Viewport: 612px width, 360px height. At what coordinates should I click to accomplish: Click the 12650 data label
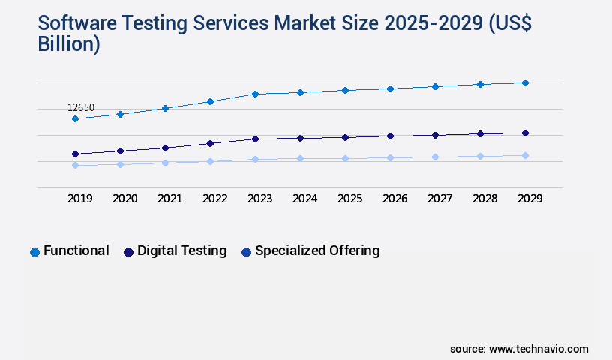81,108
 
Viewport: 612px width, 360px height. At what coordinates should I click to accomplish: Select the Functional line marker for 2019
75,118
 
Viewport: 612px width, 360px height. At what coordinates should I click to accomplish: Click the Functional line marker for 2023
255,94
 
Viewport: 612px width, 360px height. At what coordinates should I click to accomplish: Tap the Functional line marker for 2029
525,82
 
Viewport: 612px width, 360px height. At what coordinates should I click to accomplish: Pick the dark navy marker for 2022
210,143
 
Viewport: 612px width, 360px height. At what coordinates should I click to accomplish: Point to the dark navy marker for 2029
525,133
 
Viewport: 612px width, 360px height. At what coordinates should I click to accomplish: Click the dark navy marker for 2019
75,154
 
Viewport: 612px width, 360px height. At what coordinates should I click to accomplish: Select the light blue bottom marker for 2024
300,158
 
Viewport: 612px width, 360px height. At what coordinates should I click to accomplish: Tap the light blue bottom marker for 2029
525,155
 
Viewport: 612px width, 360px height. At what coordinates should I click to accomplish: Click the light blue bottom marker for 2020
120,164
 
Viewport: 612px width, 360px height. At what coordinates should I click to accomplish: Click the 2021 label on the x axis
169,199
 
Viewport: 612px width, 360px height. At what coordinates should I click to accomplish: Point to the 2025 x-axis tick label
349,199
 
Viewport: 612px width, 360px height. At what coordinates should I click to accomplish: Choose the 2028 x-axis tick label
484,199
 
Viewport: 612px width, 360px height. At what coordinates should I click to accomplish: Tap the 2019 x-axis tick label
79,199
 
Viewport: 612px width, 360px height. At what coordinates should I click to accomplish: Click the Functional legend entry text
76,250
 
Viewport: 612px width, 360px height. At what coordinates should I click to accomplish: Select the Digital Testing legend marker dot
128,252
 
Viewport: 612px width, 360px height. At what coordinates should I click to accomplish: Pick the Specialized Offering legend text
317,250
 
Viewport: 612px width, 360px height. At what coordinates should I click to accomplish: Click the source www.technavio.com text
519,349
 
